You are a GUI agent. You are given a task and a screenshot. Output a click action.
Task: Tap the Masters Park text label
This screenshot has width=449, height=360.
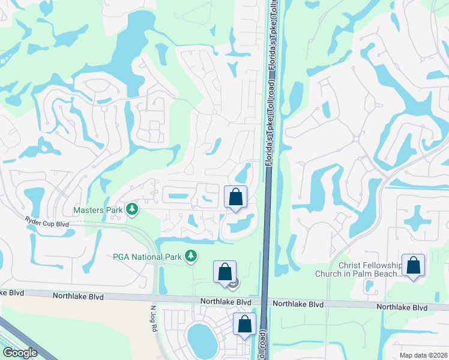click(x=97, y=210)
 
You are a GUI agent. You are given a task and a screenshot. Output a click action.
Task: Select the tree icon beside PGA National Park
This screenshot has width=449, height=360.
click(x=191, y=257)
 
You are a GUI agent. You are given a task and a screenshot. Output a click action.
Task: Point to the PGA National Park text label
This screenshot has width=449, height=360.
click(x=147, y=257)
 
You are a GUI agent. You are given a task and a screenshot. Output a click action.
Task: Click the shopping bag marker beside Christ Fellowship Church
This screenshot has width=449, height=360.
click(x=414, y=266)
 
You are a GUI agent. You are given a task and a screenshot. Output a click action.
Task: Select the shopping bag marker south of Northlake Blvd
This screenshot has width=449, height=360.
click(x=245, y=325)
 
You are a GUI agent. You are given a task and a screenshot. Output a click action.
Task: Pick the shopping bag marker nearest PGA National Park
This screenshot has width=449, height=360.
click(x=224, y=272)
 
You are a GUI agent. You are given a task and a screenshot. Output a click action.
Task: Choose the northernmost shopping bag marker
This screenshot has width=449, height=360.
click(x=235, y=197)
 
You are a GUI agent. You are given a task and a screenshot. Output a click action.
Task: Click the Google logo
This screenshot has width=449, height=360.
click(x=20, y=353)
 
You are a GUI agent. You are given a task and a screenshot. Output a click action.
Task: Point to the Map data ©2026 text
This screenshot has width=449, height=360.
click(x=424, y=355)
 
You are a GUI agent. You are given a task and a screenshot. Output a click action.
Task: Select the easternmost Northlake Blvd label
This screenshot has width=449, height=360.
click(x=402, y=307)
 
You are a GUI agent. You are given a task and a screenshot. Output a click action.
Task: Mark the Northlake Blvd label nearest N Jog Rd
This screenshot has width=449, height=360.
click(x=78, y=296)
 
